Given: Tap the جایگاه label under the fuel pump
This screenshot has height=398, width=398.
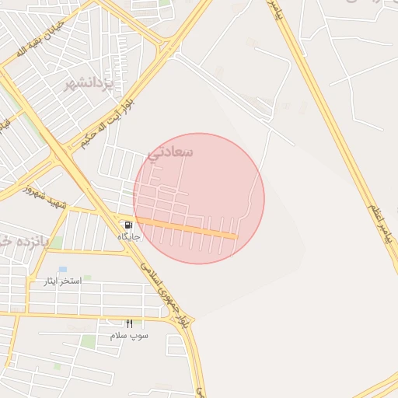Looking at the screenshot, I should tap(128, 236).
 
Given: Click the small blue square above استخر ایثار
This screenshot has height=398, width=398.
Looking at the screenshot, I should tap(62, 269).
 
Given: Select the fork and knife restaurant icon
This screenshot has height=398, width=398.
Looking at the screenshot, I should tap(129, 323).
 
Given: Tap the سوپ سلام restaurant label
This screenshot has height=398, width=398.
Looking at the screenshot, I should tap(128, 335).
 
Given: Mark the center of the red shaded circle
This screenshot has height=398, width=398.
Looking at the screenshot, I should tap(199, 198).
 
